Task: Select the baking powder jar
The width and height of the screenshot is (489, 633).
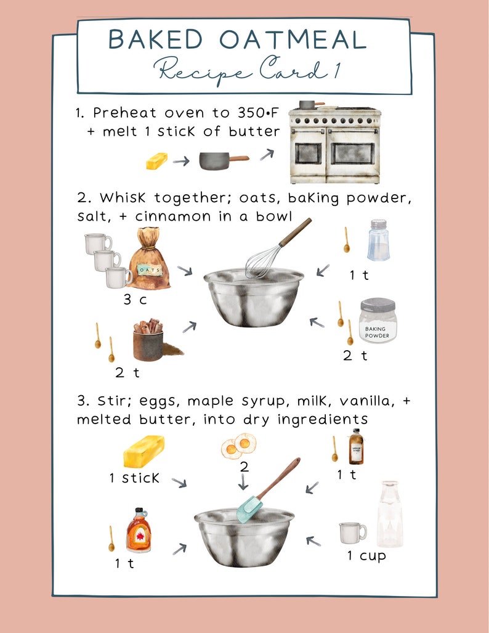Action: point(378,321)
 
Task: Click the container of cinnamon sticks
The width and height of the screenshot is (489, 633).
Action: point(148,340)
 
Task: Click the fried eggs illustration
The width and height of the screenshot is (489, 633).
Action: point(238,445)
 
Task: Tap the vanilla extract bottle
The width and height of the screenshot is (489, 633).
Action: point(356,447)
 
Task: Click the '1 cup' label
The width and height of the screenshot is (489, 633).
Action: point(366,556)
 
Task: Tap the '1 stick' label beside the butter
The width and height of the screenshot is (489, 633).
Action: point(134,478)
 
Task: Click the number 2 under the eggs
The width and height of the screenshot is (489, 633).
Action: point(244,467)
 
